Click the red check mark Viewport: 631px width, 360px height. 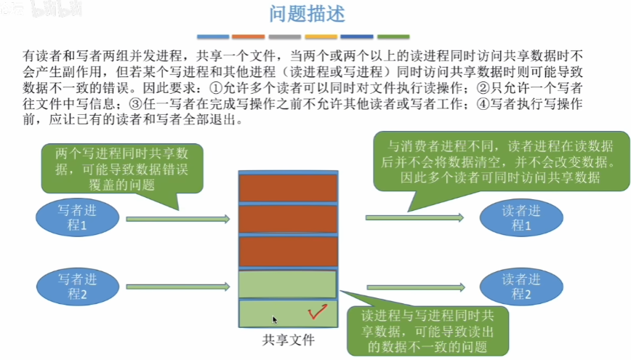tap(316, 313)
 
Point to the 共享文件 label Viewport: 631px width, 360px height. tap(289, 339)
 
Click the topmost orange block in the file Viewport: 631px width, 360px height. tap(289, 188)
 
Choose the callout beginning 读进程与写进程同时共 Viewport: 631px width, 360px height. tap(427, 329)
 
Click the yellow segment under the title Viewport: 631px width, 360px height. tap(321, 36)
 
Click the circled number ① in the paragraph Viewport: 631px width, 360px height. tap(217, 87)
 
